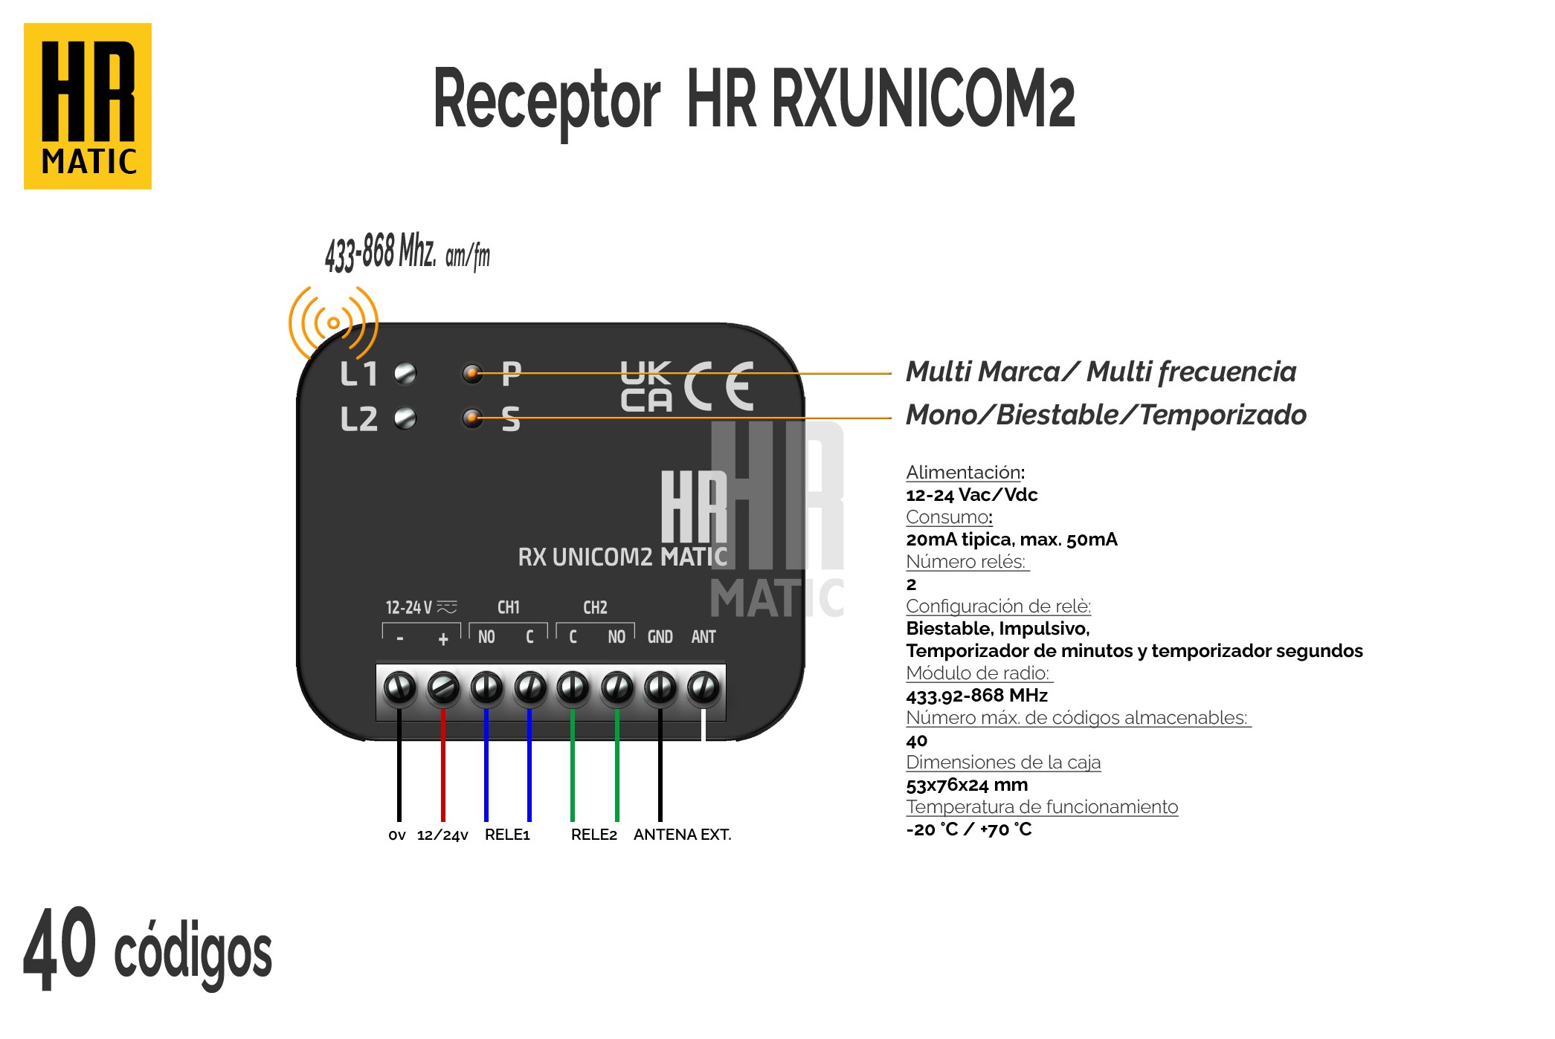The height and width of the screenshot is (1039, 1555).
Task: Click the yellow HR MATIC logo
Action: (x=88, y=106)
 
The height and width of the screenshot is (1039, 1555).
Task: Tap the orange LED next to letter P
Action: (x=472, y=373)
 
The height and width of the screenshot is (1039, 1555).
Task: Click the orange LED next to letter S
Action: (x=472, y=418)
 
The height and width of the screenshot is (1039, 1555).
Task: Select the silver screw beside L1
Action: (x=405, y=373)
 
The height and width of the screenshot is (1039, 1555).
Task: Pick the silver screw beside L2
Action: (x=405, y=418)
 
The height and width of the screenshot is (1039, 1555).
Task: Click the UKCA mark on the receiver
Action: (x=646, y=386)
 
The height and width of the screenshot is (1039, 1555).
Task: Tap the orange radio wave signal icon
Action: (x=333, y=323)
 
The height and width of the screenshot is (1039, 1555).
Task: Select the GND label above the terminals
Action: (x=660, y=637)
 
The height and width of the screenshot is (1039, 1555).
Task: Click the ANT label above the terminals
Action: (x=704, y=637)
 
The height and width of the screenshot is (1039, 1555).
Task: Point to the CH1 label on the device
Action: (x=509, y=607)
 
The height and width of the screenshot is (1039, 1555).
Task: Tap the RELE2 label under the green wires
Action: (x=594, y=835)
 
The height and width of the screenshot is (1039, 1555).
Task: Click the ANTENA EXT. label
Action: (x=682, y=835)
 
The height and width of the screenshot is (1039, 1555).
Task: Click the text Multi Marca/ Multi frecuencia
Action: (x=1101, y=372)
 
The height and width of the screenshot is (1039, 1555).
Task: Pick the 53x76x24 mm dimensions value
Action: (x=967, y=785)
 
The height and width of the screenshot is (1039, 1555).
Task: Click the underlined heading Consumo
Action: (x=947, y=517)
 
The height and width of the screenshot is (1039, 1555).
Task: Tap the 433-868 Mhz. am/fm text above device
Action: (x=407, y=253)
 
